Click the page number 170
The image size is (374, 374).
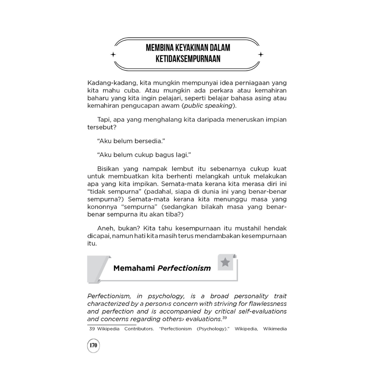(x=93, y=345)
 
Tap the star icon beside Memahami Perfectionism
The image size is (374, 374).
(x=225, y=262)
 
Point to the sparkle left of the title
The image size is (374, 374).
(x=113, y=54)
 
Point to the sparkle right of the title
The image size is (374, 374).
(x=260, y=54)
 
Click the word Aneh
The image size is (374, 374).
(x=106, y=228)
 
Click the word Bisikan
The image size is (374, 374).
(x=109, y=169)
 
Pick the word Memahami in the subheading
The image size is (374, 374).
(x=134, y=268)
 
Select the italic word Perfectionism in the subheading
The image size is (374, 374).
(x=184, y=268)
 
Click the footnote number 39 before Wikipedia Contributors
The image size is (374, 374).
(x=92, y=329)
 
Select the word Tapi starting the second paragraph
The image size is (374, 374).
(x=104, y=120)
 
